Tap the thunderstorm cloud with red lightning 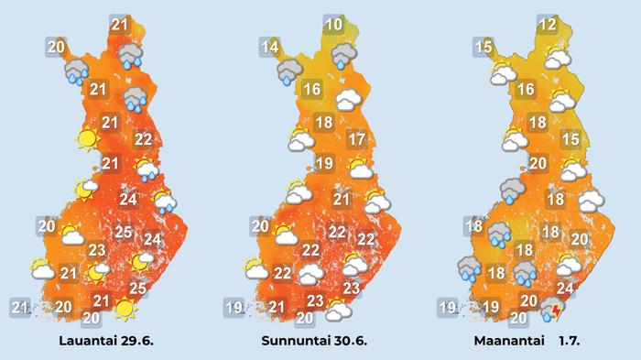pyautogui.click(x=553, y=312)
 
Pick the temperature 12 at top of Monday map pyautogui.click(x=548, y=25)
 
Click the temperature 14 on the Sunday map pyautogui.click(x=269, y=48)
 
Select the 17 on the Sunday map pyautogui.click(x=357, y=140)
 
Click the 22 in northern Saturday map pyautogui.click(x=143, y=140)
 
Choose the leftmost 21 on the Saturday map pyautogui.click(x=20, y=306)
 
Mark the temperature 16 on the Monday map pyautogui.click(x=526, y=90)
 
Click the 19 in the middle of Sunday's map pyautogui.click(x=323, y=164)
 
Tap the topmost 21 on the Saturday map pyautogui.click(x=119, y=25)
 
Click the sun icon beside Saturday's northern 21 pyautogui.click(x=87, y=139)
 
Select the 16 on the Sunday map pyautogui.click(x=311, y=90)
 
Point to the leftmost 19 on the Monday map pyautogui.click(x=448, y=306)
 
